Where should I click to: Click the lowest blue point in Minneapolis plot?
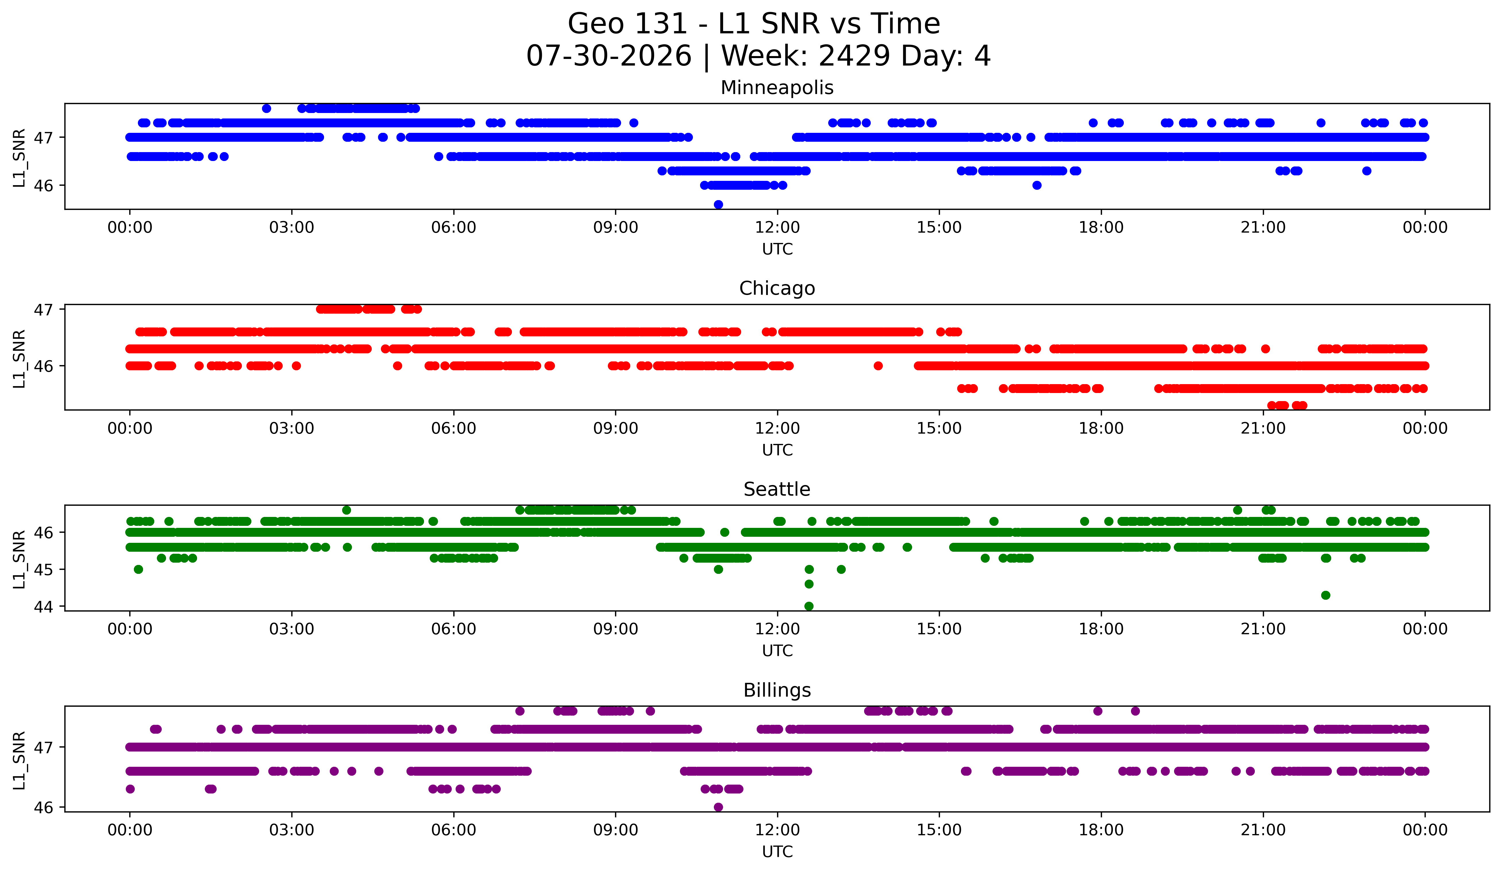pos(718,204)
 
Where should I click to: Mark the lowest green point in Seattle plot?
pos(809,606)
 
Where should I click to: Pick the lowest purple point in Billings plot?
pos(718,807)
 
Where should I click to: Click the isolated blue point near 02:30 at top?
pos(266,108)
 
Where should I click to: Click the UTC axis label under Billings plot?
pos(777,852)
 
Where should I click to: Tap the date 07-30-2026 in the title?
pos(609,56)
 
